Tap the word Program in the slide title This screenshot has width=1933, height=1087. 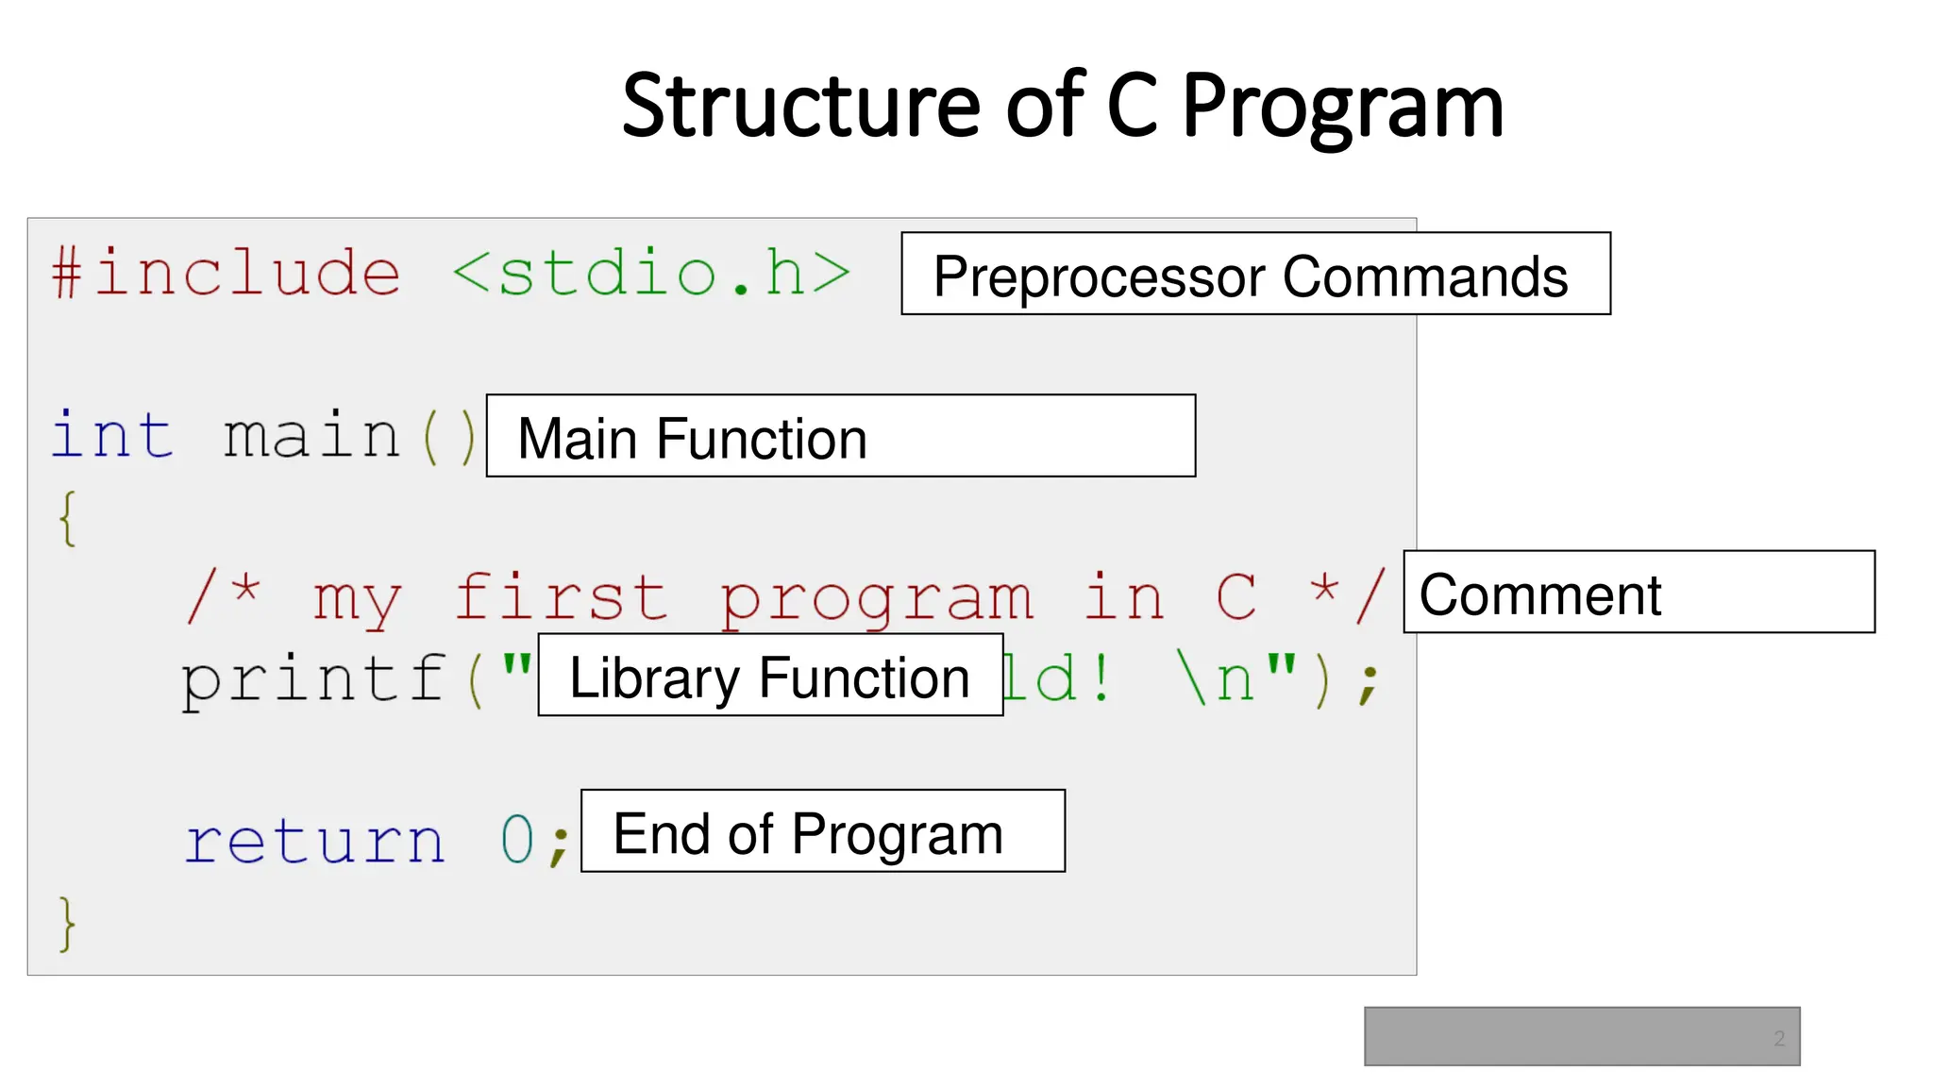(1342, 109)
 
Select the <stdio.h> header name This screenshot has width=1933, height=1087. (651, 274)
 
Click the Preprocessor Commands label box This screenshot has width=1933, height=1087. (1255, 274)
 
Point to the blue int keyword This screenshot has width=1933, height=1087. (112, 436)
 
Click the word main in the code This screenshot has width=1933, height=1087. (311, 437)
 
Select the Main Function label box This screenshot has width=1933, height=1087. (840, 436)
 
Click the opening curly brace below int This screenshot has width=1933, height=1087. (67, 518)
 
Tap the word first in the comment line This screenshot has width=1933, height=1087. (561, 598)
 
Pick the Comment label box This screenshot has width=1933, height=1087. (1639, 592)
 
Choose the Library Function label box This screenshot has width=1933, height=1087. (770, 676)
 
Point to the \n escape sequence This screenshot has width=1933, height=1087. (1218, 679)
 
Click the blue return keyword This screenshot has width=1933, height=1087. (314, 841)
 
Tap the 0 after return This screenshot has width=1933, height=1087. (517, 839)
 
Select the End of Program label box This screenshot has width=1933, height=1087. (822, 831)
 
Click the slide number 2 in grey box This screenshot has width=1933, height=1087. (1778, 1038)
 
